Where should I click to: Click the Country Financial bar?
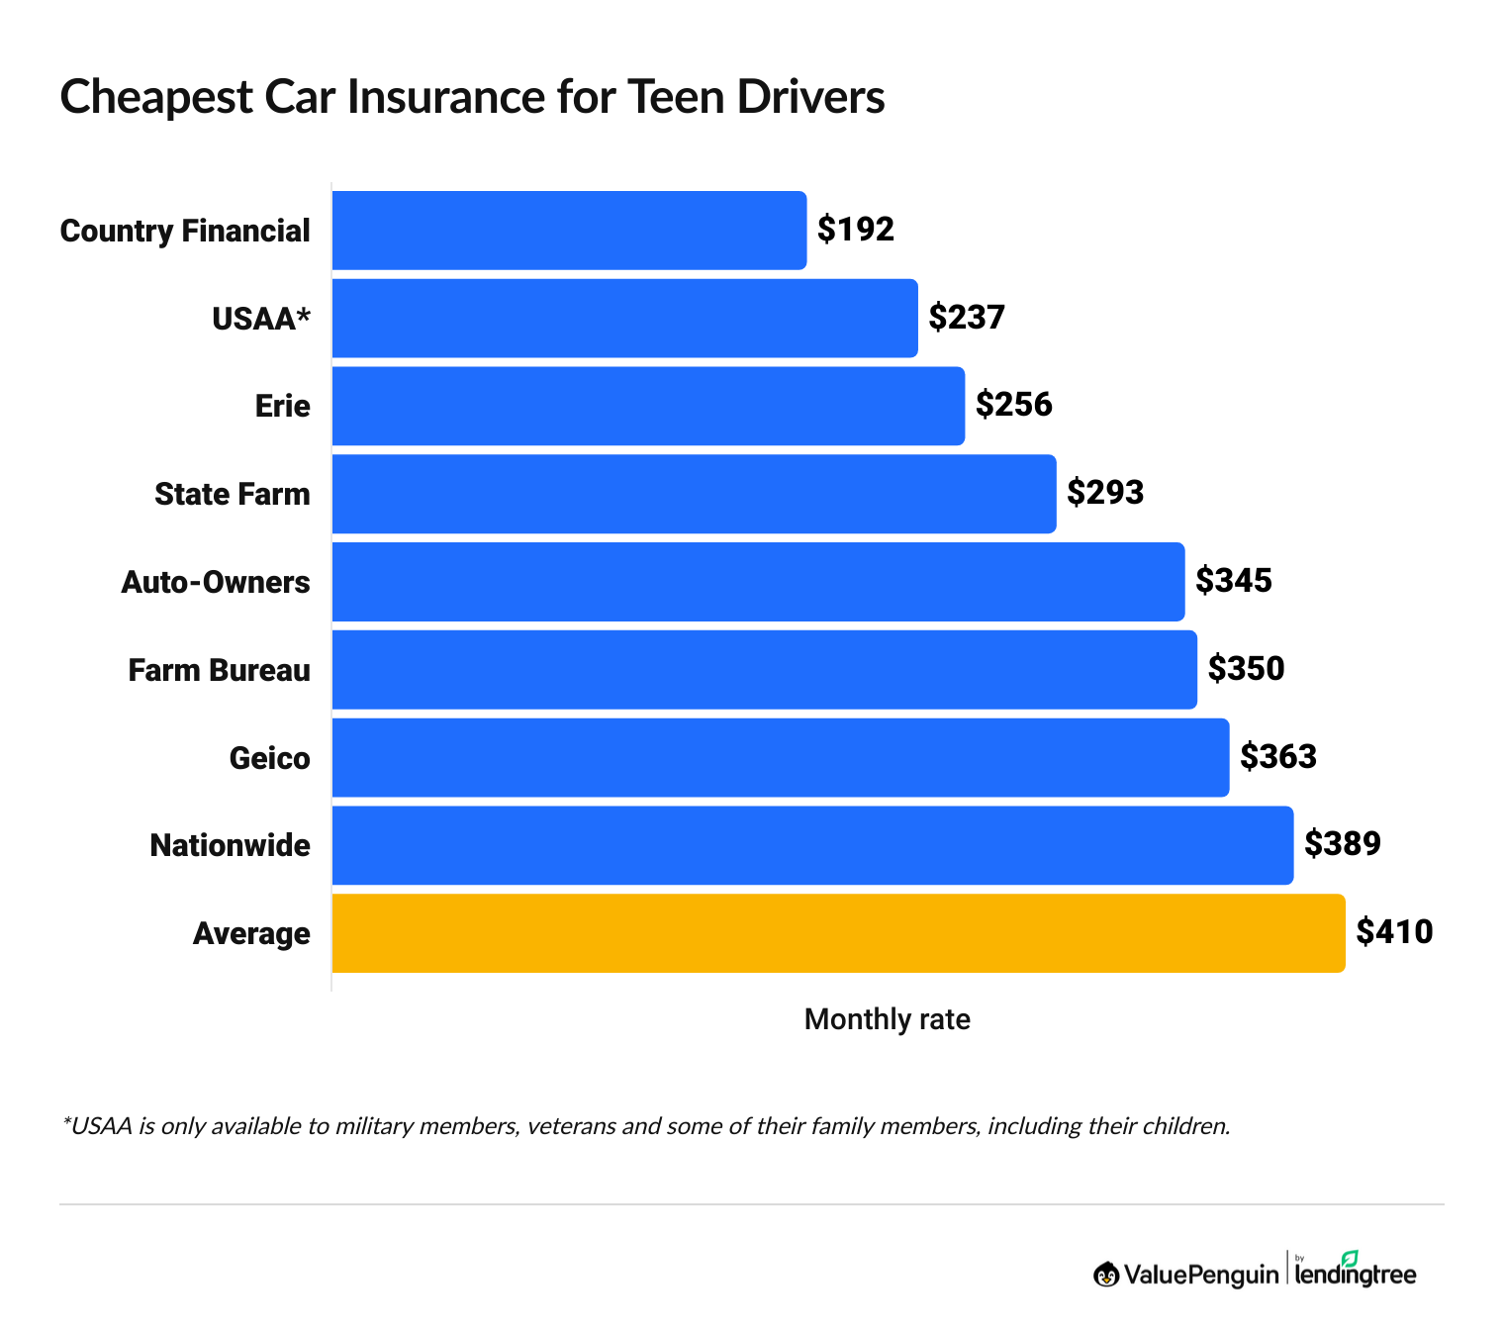[x=569, y=230]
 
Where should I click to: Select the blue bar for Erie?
[x=648, y=406]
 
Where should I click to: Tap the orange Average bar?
[x=838, y=933]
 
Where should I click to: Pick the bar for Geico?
[x=781, y=757]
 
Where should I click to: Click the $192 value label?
[x=856, y=230]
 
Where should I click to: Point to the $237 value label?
[x=967, y=317]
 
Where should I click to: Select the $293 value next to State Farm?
[x=1105, y=493]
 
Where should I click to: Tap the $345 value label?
[x=1234, y=581]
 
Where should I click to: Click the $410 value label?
[x=1394, y=932]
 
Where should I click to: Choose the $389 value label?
[x=1343, y=844]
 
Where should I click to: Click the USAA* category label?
[x=261, y=319]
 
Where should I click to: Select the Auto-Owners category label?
[x=216, y=582]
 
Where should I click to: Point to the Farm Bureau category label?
[x=220, y=670]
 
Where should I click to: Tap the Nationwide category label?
[x=230, y=845]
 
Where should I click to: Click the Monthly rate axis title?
[x=888, y=1019]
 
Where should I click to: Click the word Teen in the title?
[x=673, y=97]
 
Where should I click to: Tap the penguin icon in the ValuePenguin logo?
[x=1106, y=1275]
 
